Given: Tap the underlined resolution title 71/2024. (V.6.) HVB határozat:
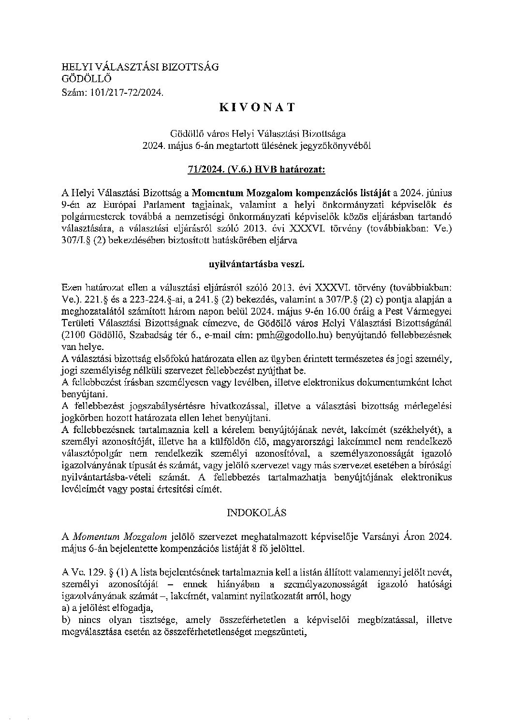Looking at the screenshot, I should click(x=256, y=169).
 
